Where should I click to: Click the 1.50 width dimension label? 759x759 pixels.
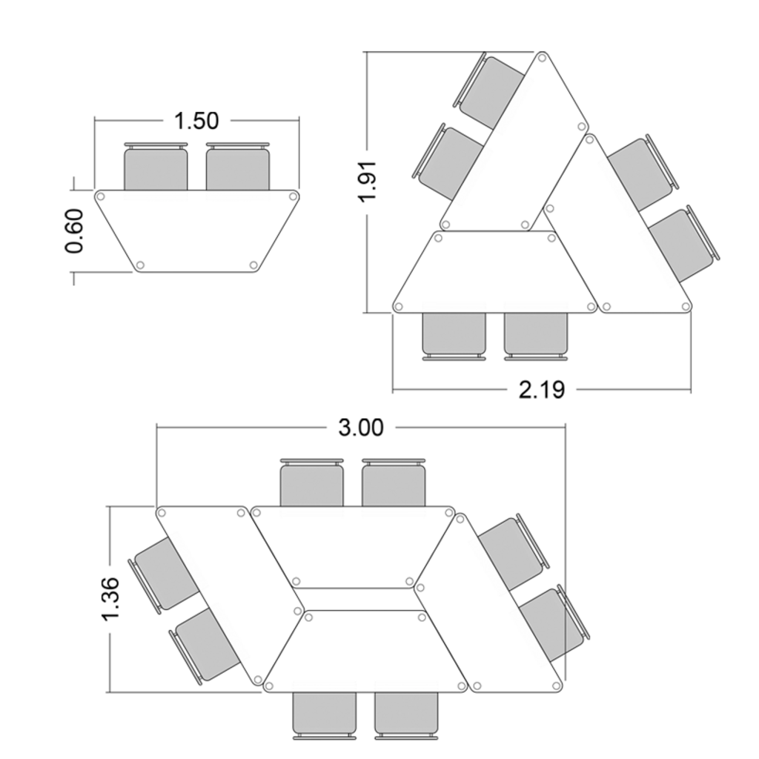196,120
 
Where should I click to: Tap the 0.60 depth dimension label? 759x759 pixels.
75,231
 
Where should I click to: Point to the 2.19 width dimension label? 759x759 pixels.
541,389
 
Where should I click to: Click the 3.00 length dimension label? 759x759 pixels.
361,428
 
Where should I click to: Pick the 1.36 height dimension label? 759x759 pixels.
110,599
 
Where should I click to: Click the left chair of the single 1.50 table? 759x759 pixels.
156,168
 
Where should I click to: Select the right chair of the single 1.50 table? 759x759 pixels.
237,168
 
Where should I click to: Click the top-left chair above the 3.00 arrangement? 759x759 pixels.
311,484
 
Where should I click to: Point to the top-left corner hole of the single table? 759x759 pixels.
102,197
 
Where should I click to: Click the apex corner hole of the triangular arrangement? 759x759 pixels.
542,58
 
